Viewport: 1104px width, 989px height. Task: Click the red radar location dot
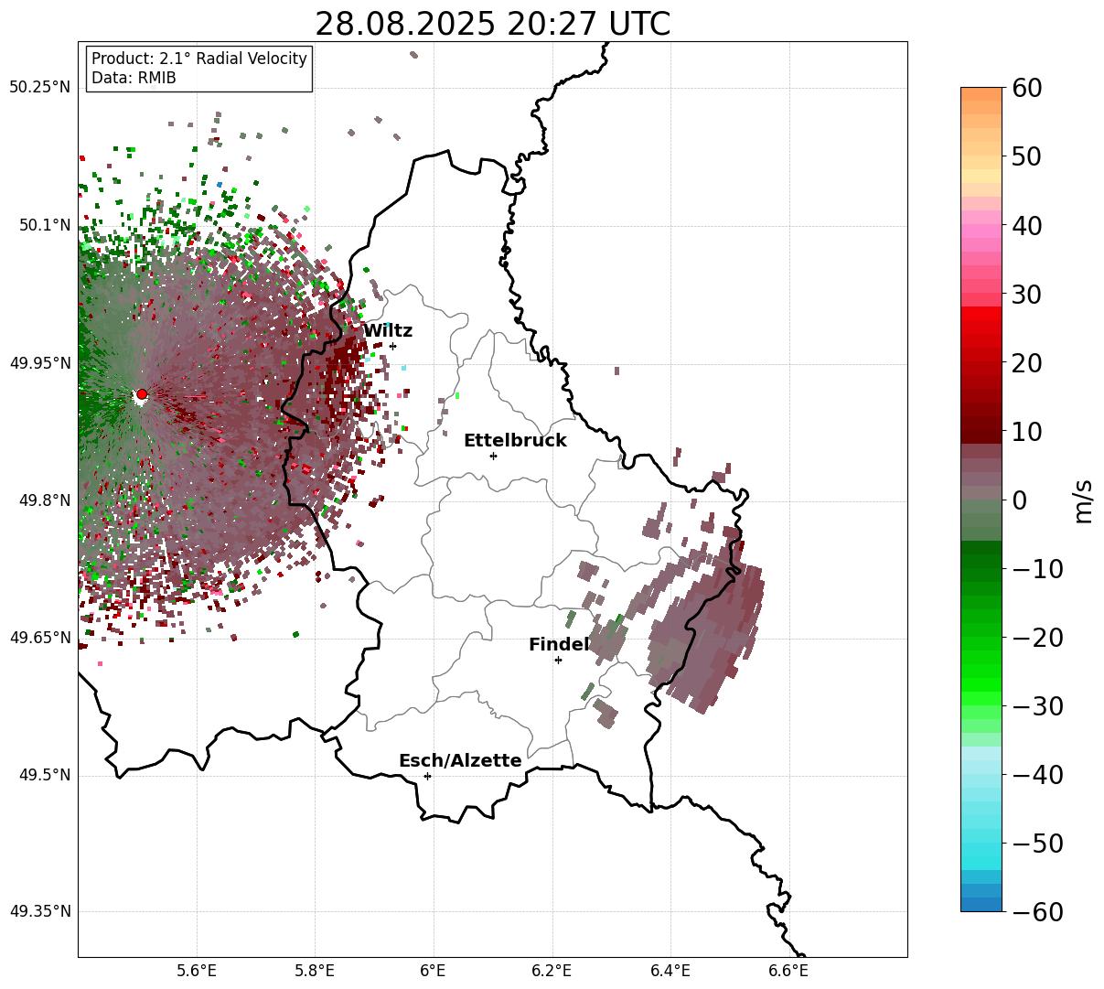pos(142,394)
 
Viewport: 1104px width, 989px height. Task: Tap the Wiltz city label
pos(388,331)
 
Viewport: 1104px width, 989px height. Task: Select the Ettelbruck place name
pos(515,441)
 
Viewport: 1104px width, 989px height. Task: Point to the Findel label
pos(559,645)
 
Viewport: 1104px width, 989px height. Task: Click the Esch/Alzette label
pos(460,761)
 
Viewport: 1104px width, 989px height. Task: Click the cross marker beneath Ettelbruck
pos(494,456)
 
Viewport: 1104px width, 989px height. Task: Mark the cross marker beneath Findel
pos(558,660)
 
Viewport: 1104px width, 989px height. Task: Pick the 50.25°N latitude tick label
pos(39,88)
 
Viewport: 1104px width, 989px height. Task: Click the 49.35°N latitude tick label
pos(39,912)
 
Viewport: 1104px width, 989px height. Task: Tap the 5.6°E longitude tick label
pos(197,971)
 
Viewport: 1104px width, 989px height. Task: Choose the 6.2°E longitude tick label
pos(552,971)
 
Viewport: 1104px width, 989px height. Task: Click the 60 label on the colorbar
pos(1028,88)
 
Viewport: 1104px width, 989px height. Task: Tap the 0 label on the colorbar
pos(1019,500)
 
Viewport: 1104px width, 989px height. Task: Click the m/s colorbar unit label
pos(1084,501)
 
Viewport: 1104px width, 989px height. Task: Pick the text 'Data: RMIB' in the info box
pos(134,78)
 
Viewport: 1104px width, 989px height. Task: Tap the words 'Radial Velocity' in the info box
pos(252,59)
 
